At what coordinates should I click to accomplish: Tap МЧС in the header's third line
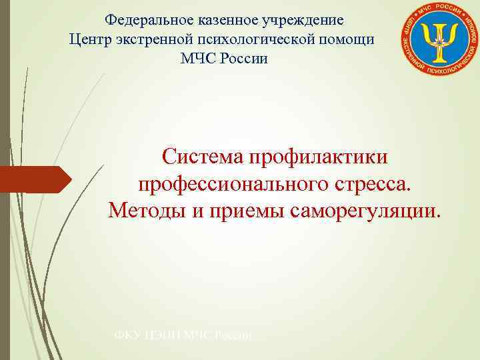(x=196, y=59)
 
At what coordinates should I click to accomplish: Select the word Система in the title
(x=203, y=158)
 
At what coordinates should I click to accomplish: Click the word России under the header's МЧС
(x=243, y=59)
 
